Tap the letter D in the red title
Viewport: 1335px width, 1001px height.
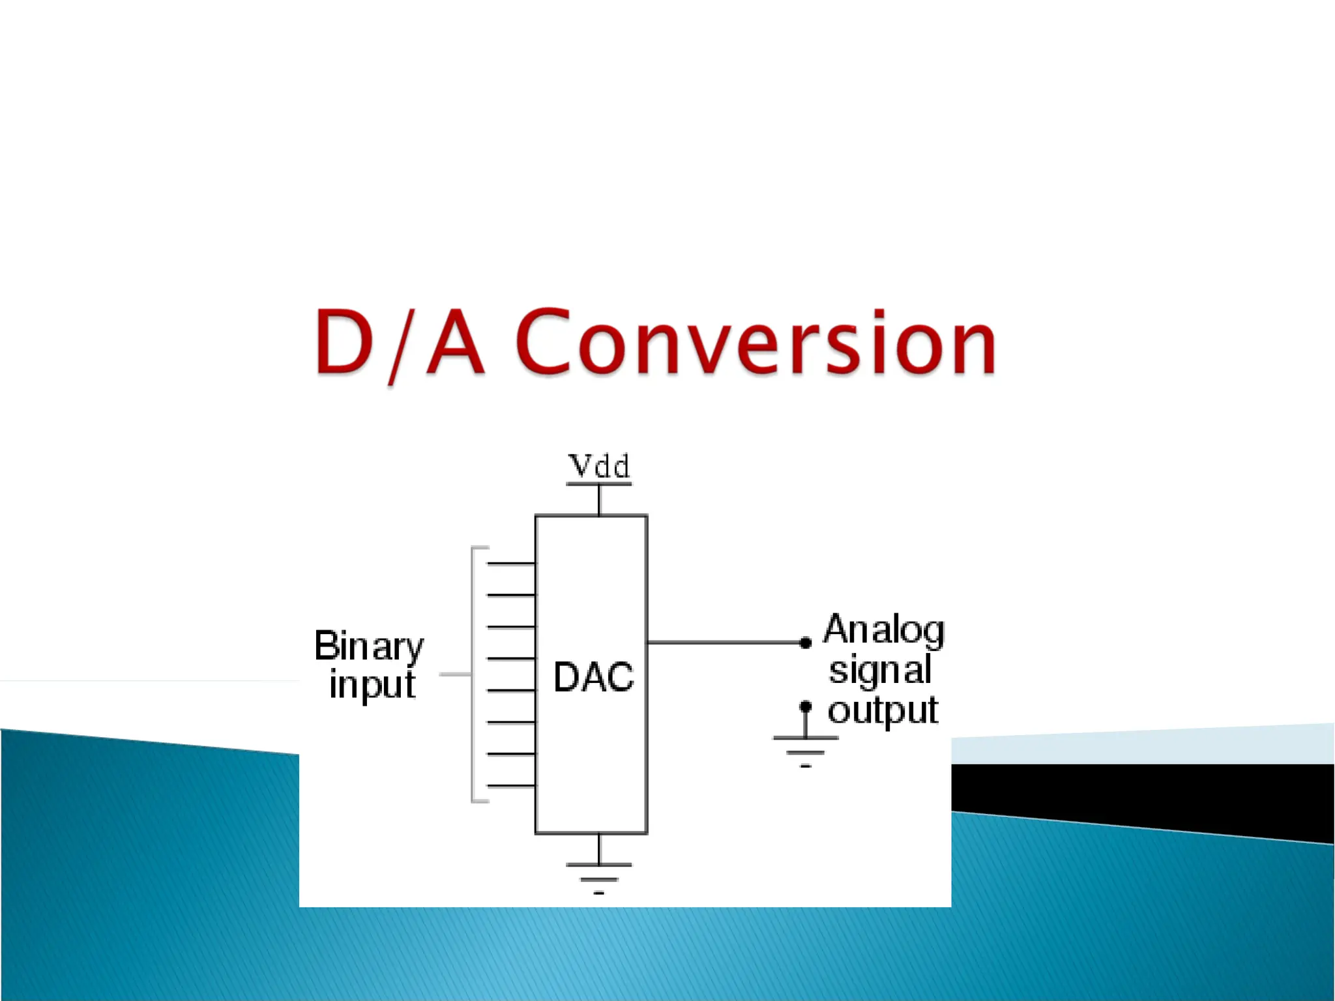point(344,342)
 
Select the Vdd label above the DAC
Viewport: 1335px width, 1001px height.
point(599,467)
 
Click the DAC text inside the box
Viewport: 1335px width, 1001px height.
point(593,676)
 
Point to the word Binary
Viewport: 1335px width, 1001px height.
point(369,646)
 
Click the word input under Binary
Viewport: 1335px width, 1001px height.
point(372,685)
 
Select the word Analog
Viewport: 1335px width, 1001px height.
point(883,630)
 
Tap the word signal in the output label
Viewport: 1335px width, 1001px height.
point(880,670)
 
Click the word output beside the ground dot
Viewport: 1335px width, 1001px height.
point(883,710)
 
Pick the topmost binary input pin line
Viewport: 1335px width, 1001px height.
point(511,563)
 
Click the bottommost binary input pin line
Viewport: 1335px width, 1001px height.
point(511,786)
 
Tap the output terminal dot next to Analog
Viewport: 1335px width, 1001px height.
point(806,643)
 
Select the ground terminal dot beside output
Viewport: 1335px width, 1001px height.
point(806,706)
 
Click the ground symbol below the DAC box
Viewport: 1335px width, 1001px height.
point(599,873)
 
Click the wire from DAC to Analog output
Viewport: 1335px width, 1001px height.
point(724,643)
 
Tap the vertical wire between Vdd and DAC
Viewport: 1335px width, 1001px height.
point(599,500)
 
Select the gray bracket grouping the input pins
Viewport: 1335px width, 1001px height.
point(473,675)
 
